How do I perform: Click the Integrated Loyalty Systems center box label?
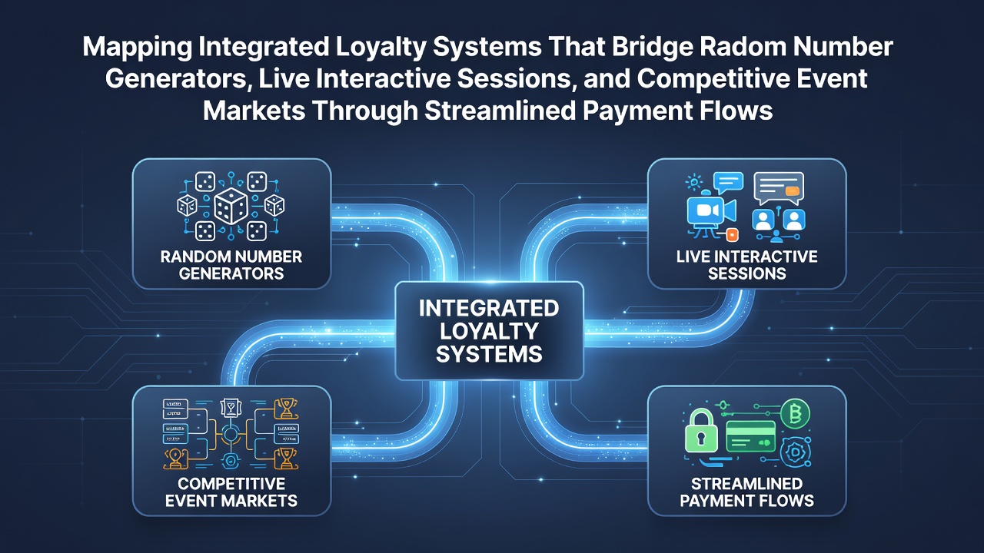pos(489,331)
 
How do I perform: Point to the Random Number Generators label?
pos(231,265)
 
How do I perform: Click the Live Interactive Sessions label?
pos(746,265)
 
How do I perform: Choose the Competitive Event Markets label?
pos(231,492)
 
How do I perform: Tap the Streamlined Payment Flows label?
pos(746,492)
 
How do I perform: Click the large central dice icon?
pos(231,207)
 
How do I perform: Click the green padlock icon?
pos(702,432)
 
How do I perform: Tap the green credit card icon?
pos(751,436)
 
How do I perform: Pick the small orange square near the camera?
pos(732,235)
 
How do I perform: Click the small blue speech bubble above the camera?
pos(728,182)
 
